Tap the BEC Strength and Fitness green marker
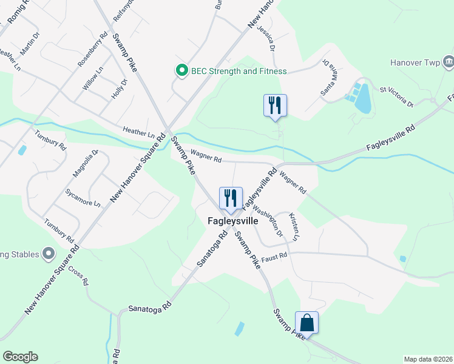pyautogui.click(x=181, y=71)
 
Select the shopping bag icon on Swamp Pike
pyautogui.click(x=307, y=323)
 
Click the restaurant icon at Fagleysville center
pyautogui.click(x=230, y=198)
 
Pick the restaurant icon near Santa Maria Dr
pyautogui.click(x=275, y=106)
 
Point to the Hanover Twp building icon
pyautogui.click(x=448, y=62)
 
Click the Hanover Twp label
pyautogui.click(x=414, y=62)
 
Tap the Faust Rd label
pyautogui.click(x=274, y=257)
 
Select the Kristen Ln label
pyautogui.click(x=295, y=225)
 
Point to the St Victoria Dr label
pyautogui.click(x=396, y=97)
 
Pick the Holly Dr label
pyautogui.click(x=119, y=89)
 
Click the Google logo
pyautogui.click(x=20, y=357)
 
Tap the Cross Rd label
pyautogui.click(x=78, y=275)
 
